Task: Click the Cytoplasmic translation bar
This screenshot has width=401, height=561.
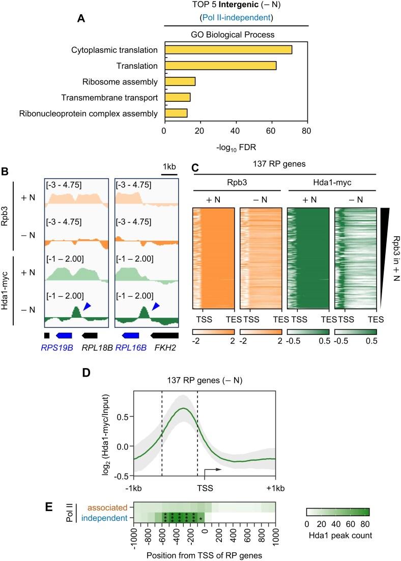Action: click(227, 50)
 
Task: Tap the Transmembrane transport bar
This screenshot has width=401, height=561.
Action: click(177, 97)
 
